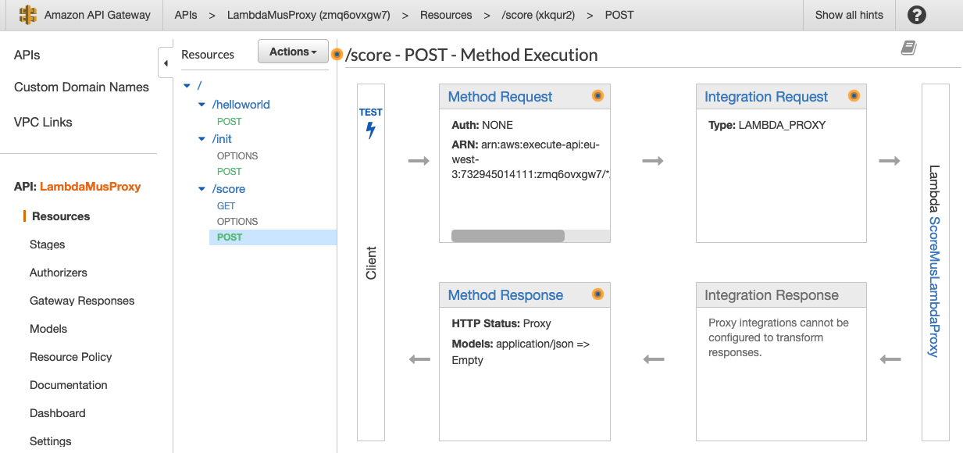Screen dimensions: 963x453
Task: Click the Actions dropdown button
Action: pos(293,52)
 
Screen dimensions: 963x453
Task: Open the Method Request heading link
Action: pos(500,97)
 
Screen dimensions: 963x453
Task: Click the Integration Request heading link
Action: pos(765,97)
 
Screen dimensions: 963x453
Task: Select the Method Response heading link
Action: pos(505,295)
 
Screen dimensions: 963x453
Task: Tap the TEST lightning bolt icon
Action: pos(371,130)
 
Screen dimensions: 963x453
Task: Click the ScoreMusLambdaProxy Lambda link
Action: pos(933,287)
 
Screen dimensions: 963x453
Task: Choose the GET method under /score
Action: pos(226,206)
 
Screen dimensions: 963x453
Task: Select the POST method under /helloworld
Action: pos(230,122)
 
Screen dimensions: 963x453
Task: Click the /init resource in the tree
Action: pos(222,139)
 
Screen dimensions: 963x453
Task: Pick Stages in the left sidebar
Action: pos(48,244)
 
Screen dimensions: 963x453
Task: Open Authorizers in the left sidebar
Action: pos(59,273)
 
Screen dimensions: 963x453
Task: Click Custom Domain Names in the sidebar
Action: pos(81,87)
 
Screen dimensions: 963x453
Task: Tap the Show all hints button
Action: pos(849,15)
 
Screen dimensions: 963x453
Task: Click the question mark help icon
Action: pos(917,15)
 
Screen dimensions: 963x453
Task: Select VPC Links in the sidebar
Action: pos(43,122)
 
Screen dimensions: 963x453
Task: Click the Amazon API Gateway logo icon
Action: pos(28,15)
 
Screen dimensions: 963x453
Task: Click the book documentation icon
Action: pos(908,48)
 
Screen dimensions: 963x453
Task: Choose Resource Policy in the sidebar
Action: pos(71,357)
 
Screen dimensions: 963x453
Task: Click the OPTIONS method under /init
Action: pos(237,156)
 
